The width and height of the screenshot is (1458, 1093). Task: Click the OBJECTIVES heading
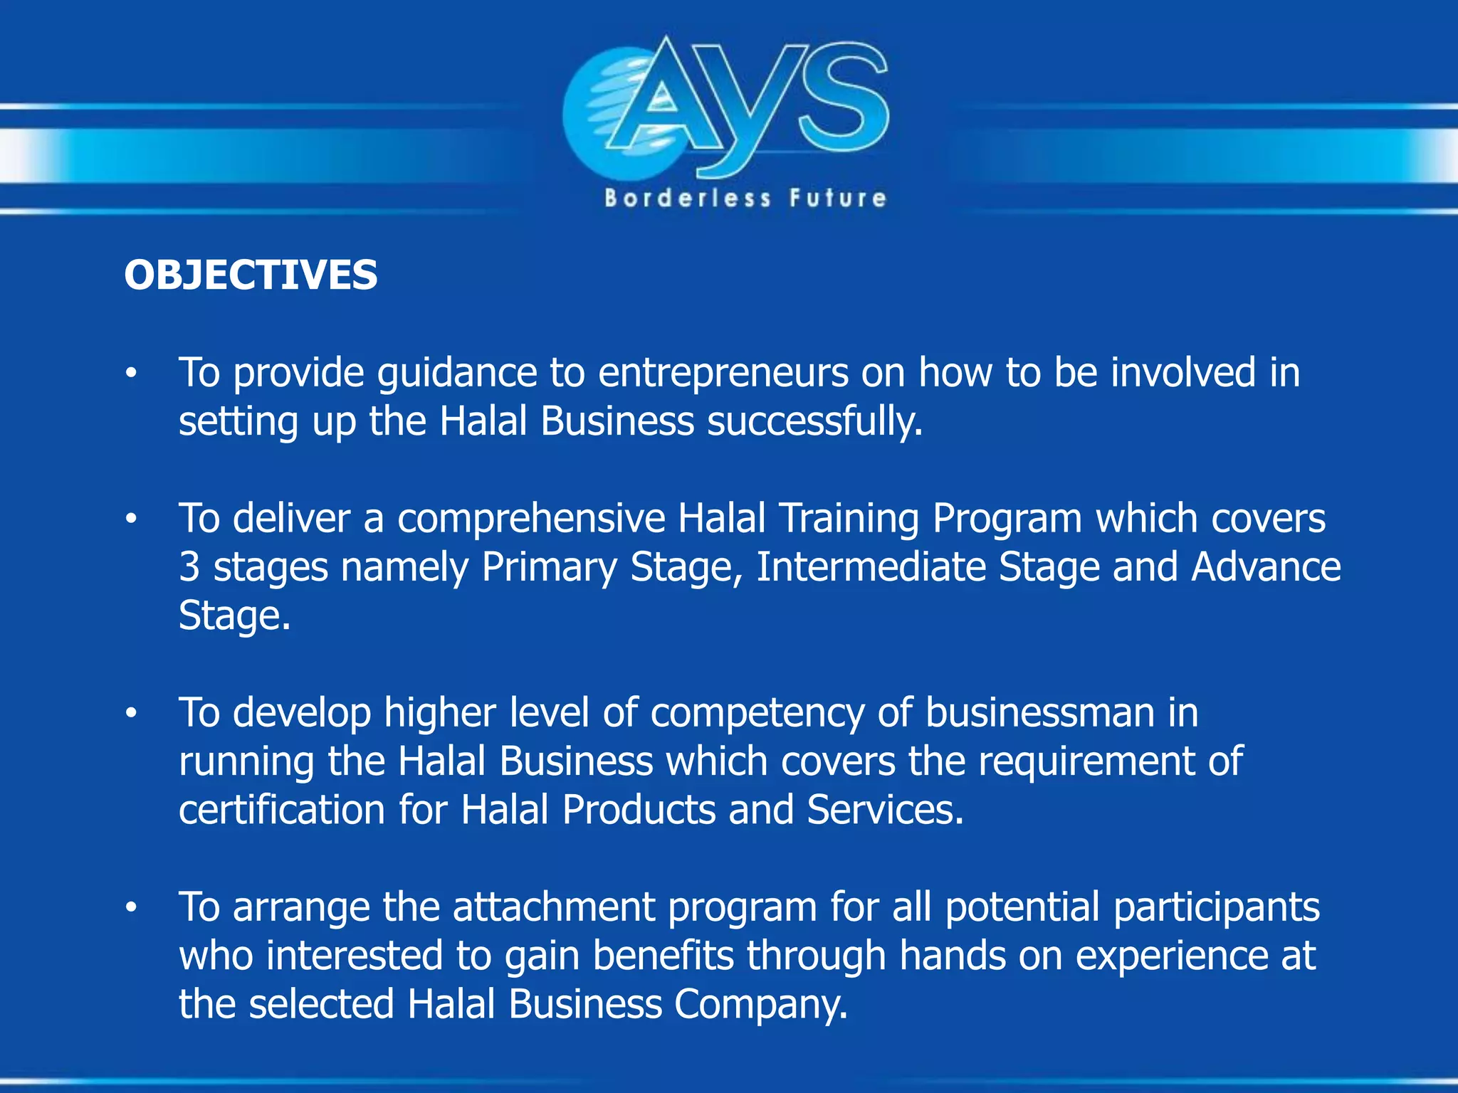coord(251,275)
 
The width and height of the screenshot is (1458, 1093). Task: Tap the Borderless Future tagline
coord(745,198)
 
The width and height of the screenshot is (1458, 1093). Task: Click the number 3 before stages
coord(189,567)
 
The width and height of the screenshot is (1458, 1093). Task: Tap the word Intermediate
coord(871,567)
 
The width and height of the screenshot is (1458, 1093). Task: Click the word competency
coord(757,713)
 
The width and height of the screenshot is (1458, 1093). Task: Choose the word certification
coord(282,810)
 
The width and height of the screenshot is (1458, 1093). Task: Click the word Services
coord(885,810)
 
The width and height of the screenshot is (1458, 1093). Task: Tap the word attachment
coord(553,907)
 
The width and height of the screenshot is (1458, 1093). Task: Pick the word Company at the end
coord(760,1004)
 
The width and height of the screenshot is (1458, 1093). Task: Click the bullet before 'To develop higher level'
coord(130,713)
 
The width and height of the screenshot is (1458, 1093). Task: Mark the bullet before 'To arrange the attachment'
coord(130,907)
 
